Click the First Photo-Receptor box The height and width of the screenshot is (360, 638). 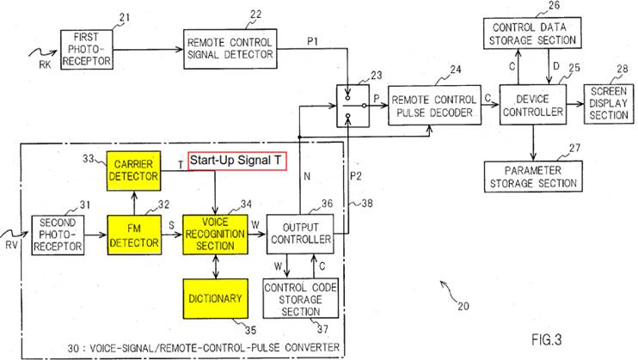tap(87, 49)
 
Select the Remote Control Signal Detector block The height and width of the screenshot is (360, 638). tap(230, 49)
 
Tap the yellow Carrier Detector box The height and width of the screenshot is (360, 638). tap(133, 171)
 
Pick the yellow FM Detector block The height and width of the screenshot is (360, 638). tap(134, 235)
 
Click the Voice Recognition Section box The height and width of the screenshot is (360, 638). tap(215, 235)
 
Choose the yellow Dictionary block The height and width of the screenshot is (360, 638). tap(215, 299)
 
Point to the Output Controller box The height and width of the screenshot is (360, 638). tap(300, 234)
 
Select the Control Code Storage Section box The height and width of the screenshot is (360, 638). tap(301, 299)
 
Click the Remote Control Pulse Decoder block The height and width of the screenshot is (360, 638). tap(434, 106)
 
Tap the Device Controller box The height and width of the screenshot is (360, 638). tap(533, 105)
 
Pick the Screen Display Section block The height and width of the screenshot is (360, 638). tap(609, 104)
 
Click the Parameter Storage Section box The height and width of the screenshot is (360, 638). tap(533, 176)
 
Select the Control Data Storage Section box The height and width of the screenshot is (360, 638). tap(532, 34)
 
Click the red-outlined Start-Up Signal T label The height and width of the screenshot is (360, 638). tap(237, 161)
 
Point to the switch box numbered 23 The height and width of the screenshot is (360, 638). tap(353, 106)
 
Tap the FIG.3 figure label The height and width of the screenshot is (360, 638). tap(547, 339)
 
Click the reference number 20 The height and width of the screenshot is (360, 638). tap(463, 306)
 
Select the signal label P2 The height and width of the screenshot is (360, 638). tap(356, 176)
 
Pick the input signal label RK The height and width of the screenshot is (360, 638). tap(45, 64)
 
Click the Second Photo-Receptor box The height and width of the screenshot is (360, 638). tap(58, 235)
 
